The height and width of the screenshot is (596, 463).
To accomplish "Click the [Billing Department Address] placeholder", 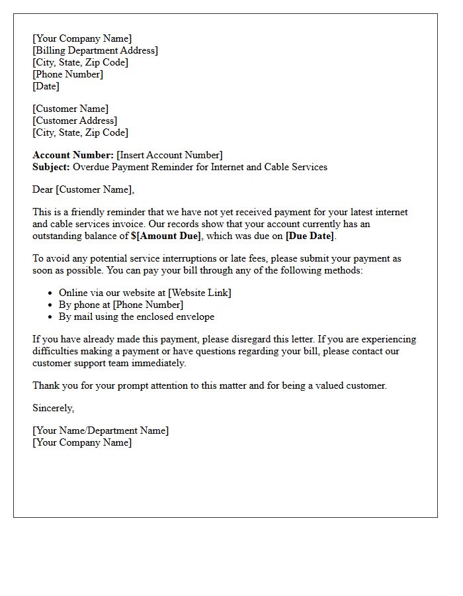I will tap(95, 50).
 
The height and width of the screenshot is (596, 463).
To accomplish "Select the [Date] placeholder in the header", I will tap(46, 86).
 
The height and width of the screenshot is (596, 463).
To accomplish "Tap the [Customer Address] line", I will tap(75, 121).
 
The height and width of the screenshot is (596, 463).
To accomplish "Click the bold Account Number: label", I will tap(73, 155).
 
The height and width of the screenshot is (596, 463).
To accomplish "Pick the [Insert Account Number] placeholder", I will tap(169, 155).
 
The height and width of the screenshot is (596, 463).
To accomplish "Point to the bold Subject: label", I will tap(51, 167).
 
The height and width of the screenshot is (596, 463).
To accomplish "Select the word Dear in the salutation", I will tap(42, 189).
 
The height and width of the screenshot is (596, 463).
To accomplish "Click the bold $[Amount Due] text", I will tap(165, 236).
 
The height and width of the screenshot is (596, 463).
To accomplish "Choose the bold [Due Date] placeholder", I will tap(310, 236).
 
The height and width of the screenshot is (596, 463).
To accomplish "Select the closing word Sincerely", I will tap(53, 408).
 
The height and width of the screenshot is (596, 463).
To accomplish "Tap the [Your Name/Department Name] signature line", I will tap(101, 430).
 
